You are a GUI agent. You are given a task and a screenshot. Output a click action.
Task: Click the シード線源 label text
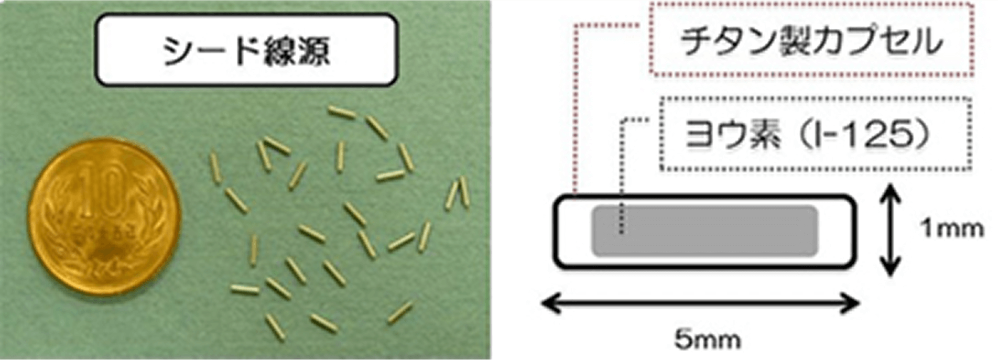pyautogui.click(x=246, y=51)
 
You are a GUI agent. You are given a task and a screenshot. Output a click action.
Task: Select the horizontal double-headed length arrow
pyautogui.click(x=700, y=303)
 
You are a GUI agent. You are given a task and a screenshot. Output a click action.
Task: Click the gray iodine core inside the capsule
pyautogui.click(x=705, y=231)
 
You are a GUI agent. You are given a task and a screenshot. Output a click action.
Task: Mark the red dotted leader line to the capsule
pyautogui.click(x=576, y=105)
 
